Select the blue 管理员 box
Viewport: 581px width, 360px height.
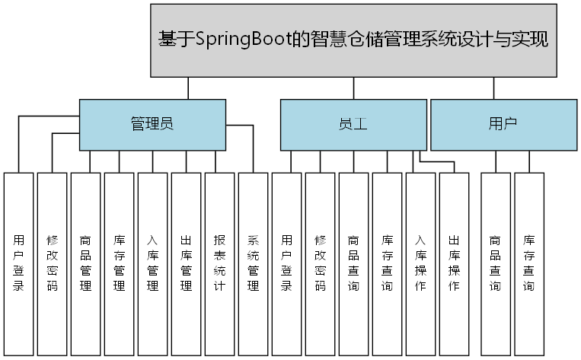152,125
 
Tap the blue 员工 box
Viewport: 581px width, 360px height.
353,125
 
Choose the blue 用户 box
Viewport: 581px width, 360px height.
503,125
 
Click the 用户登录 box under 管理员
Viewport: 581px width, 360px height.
19,263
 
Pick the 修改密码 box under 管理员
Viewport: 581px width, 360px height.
53,263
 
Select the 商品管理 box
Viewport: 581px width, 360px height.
86,263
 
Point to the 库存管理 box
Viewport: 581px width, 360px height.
120,263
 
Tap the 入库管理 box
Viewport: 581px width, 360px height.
153,263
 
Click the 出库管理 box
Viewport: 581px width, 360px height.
187,263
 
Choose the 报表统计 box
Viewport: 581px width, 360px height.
219,263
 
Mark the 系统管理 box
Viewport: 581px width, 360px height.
254,263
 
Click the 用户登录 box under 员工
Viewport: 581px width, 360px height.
287,263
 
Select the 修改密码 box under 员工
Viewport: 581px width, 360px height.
321,263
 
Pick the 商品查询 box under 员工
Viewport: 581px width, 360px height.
353,263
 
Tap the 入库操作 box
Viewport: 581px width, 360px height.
420,263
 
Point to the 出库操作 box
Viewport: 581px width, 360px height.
454,263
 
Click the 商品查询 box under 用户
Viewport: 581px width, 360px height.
496,263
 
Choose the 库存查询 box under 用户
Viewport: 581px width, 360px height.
529,263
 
